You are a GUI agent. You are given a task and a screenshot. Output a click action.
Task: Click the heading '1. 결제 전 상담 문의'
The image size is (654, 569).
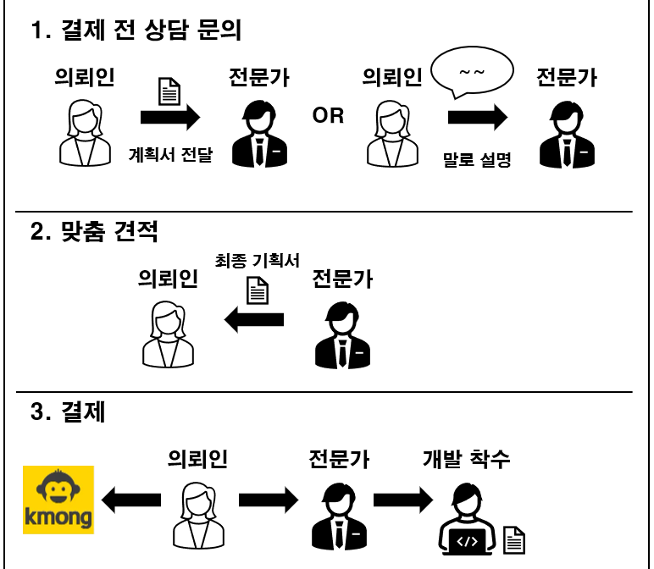tap(136, 31)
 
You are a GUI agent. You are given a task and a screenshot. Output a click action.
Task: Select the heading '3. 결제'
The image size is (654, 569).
tap(67, 413)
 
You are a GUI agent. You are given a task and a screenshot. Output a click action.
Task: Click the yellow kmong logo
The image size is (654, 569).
tap(58, 500)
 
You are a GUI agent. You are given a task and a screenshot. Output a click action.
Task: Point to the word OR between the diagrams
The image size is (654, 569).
tap(329, 116)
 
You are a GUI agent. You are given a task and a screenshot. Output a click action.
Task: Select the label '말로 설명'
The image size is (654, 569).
tap(478, 157)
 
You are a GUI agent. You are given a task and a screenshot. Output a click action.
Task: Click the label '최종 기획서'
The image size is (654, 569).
tap(258, 262)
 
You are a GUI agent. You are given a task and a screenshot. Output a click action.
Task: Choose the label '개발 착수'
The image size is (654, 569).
tap(467, 460)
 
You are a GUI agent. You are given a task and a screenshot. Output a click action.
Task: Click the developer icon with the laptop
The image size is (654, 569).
tap(468, 519)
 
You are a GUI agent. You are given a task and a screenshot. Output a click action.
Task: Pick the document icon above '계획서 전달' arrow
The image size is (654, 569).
tap(170, 91)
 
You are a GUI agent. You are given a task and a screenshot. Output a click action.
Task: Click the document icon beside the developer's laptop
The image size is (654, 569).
tap(514, 539)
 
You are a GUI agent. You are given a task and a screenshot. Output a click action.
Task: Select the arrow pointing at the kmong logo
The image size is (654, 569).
tap(130, 500)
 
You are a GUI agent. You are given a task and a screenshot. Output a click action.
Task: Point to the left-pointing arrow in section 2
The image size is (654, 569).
tap(253, 318)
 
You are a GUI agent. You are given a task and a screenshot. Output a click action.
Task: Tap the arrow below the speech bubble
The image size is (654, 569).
tap(478, 116)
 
